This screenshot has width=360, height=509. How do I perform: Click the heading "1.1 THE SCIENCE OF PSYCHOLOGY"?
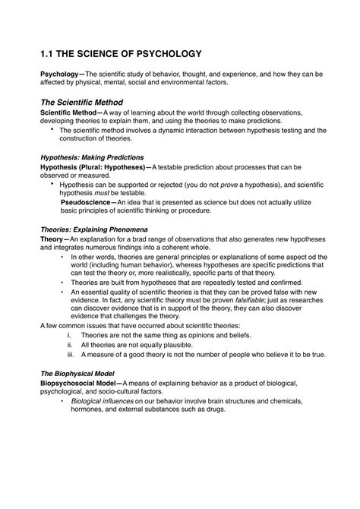(121, 54)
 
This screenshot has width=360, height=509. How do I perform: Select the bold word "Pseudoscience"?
(85, 202)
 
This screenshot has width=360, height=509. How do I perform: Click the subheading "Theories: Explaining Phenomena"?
(93, 229)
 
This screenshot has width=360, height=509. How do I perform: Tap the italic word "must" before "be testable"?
(97, 194)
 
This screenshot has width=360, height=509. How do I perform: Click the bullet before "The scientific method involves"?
(52, 130)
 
